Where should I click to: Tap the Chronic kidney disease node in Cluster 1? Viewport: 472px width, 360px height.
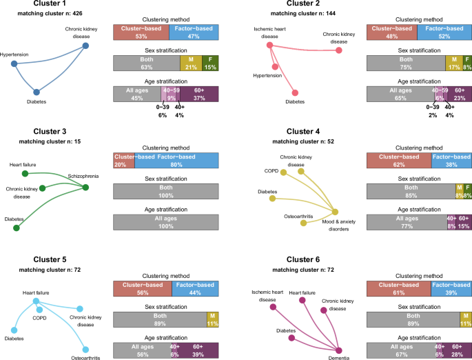tap(86, 46)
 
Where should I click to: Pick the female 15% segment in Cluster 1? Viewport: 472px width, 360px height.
tap(211, 63)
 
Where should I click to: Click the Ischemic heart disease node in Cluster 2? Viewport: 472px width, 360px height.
tap(270, 45)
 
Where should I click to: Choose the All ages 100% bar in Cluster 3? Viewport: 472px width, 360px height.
tap(165, 220)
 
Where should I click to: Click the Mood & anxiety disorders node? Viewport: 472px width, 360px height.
tap(336, 212)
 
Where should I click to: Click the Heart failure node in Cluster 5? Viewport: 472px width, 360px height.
tap(35, 301)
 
